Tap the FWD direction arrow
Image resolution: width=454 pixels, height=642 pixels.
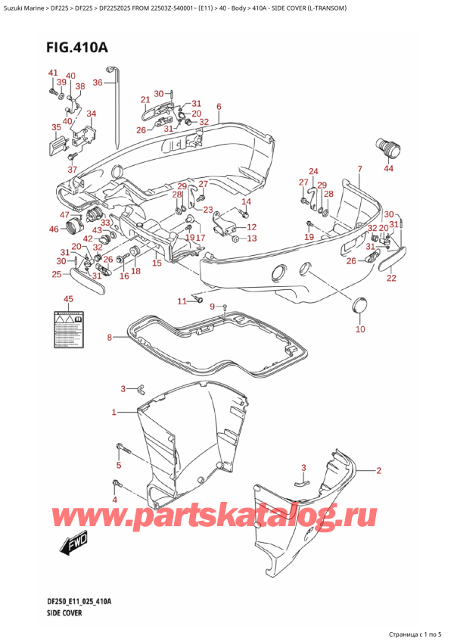(70, 542)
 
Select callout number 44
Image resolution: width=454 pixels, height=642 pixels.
(389, 168)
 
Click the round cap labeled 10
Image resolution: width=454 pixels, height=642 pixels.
(360, 307)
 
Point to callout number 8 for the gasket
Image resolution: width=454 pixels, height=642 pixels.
(109, 337)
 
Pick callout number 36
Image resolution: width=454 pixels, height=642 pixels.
(98, 82)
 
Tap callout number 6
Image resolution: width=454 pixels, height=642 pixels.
(218, 106)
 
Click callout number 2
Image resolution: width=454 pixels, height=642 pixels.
(378, 470)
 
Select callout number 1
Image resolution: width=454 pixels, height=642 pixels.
(114, 413)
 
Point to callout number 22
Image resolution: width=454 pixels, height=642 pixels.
(391, 278)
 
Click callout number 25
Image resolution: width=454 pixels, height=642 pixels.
(56, 274)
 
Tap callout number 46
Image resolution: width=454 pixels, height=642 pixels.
(53, 229)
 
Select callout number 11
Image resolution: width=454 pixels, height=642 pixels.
(182, 301)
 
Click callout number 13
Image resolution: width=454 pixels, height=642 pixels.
(251, 238)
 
